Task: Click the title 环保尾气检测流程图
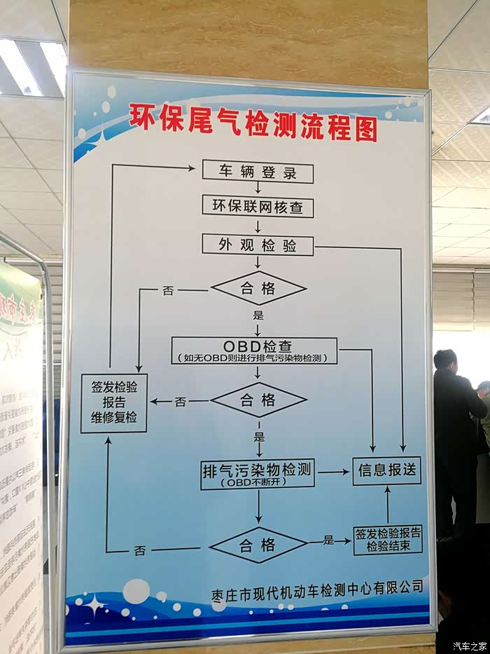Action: coord(253,123)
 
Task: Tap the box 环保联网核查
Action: coord(258,207)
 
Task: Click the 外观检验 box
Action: coord(258,245)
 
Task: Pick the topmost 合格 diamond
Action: coord(258,288)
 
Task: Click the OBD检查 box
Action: coord(254,350)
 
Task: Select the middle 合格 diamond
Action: coord(258,400)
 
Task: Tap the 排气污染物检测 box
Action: coord(258,473)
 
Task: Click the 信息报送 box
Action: coord(387,470)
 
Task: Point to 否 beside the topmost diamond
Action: coord(168,290)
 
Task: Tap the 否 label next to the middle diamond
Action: coord(181,402)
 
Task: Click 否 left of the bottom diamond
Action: coord(140,550)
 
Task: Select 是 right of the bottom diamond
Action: coord(328,540)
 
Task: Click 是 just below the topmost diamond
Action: coord(258,315)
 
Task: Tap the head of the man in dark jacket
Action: coord(445,360)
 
